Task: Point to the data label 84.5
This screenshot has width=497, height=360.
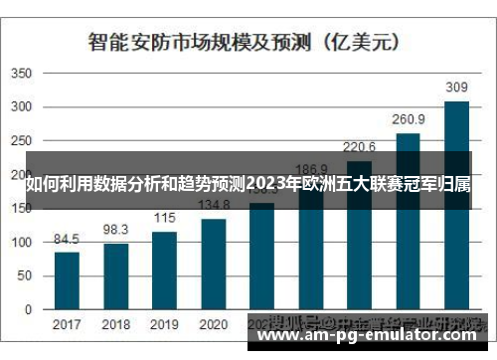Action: coord(67,240)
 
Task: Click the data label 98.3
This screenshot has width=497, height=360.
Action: coord(116,230)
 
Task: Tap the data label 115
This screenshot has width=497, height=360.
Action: coord(164,219)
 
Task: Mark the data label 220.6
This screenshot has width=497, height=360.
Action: coord(359,147)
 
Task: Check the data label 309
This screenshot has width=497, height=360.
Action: coord(456,87)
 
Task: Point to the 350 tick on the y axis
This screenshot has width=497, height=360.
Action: coord(21,74)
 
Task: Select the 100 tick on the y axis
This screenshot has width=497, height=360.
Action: coord(21,243)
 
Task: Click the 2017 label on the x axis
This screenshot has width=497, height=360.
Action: coord(67,325)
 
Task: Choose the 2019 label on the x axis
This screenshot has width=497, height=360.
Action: coord(164,325)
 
